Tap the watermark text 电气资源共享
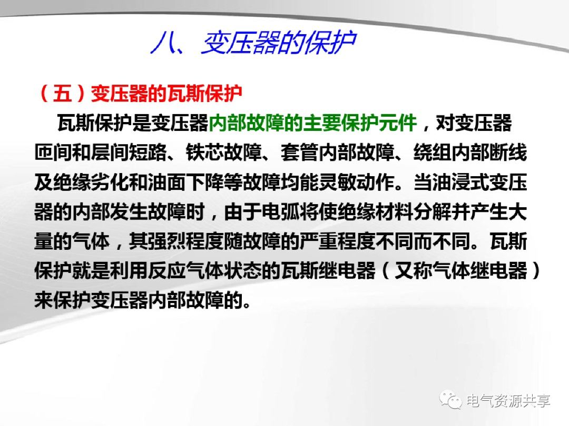(508, 401)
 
